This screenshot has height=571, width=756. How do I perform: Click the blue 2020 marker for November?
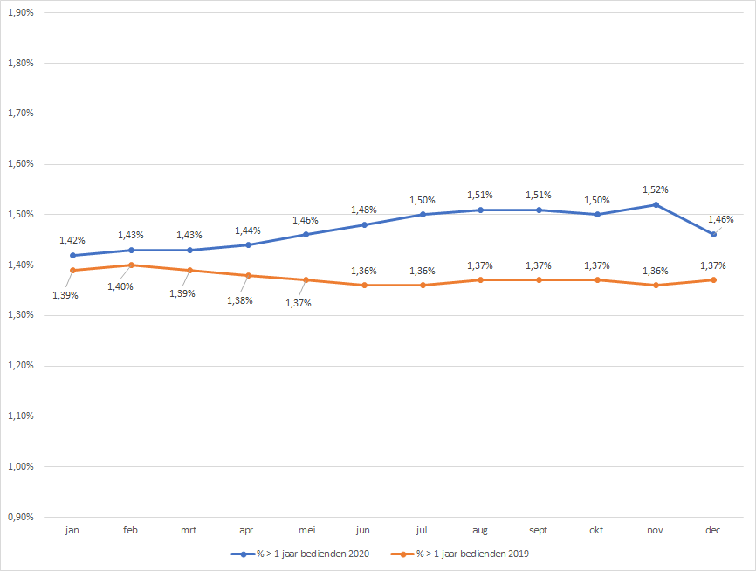[656, 204]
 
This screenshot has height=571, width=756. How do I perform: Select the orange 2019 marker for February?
[131, 265]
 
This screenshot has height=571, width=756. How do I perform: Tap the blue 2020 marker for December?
[714, 234]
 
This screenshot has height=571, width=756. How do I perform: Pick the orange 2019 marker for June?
[364, 285]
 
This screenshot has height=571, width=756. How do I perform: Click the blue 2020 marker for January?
[72, 255]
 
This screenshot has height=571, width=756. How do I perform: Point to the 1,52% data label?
[656, 189]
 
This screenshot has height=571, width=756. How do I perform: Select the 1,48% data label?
[364, 210]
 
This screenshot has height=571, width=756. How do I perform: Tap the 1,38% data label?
[240, 300]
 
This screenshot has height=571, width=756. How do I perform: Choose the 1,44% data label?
[248, 230]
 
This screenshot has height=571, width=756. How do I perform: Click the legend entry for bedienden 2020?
[306, 554]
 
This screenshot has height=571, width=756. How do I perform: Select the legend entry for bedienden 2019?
[472, 554]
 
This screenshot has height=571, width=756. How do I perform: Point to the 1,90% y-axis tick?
[19, 13]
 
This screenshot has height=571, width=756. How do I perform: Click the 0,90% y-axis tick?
[19, 517]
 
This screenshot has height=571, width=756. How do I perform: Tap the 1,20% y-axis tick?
[19, 366]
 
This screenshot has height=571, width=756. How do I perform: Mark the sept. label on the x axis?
[539, 530]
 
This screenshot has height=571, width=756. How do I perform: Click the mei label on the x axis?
[306, 530]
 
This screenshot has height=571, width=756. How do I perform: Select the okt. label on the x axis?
[597, 530]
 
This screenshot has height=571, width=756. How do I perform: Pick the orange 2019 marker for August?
[481, 279]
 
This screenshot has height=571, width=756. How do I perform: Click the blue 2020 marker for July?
[423, 214]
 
